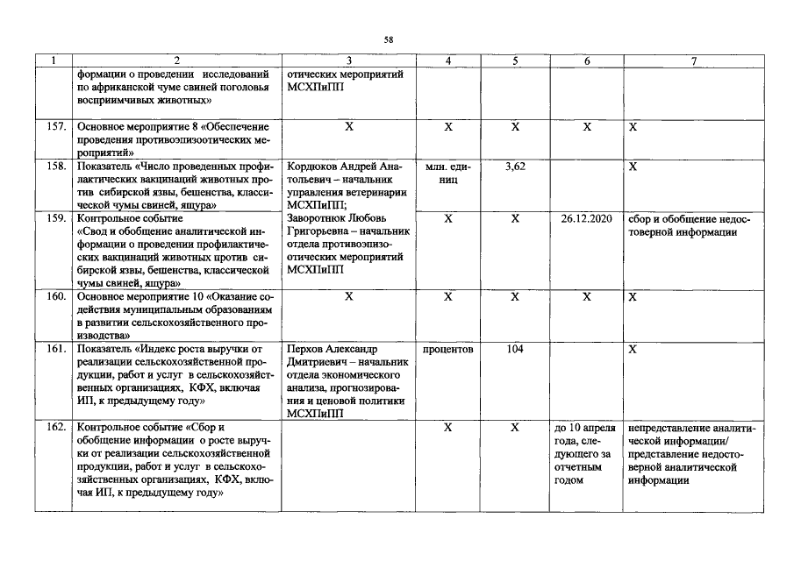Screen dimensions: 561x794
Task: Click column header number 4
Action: tap(448, 61)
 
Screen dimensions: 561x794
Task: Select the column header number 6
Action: tap(587, 61)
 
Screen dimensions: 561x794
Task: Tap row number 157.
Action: tap(56, 127)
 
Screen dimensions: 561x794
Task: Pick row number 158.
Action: tap(56, 167)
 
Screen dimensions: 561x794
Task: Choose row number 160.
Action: tap(56, 297)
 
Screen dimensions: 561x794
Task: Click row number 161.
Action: tap(56, 349)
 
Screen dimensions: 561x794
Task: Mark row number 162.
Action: tap(56, 427)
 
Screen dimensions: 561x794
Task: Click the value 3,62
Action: tap(516, 167)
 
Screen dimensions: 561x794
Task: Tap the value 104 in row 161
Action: tap(516, 349)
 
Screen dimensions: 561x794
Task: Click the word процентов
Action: tap(448, 349)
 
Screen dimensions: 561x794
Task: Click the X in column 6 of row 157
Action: tap(587, 127)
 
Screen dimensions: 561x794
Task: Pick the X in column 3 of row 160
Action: tap(349, 297)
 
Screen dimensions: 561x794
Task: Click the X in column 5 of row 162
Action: tap(516, 427)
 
